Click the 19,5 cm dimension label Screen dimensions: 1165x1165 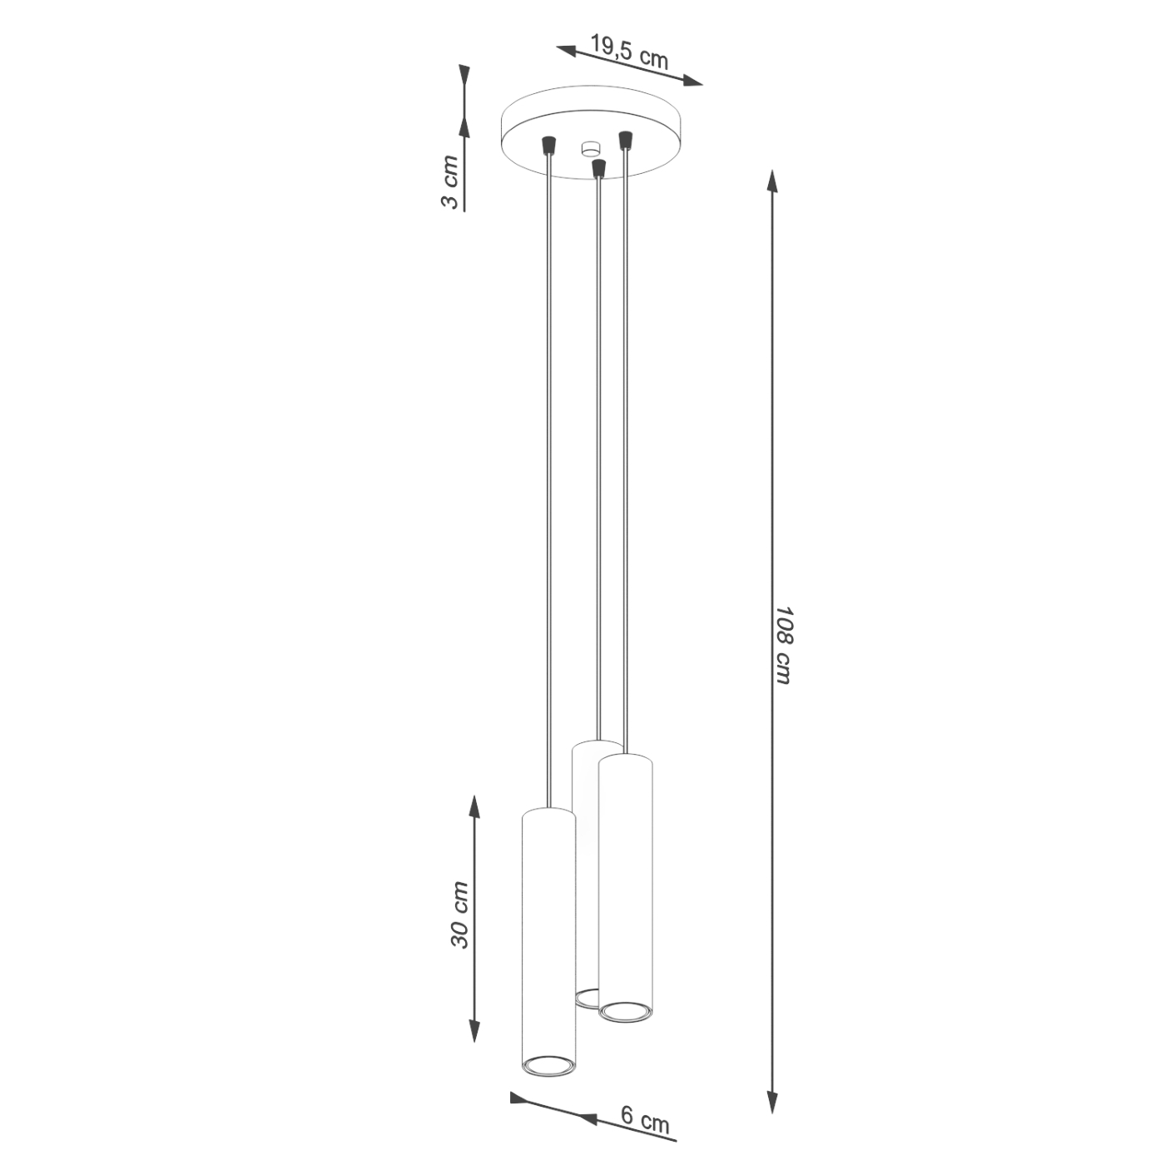pyautogui.click(x=629, y=52)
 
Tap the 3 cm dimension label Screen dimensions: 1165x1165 pyautogui.click(x=449, y=182)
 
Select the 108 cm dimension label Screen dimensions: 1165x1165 pyautogui.click(x=783, y=645)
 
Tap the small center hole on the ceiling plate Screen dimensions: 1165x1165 pyautogui.click(x=590, y=149)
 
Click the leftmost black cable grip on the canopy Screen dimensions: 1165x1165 pyautogui.click(x=548, y=146)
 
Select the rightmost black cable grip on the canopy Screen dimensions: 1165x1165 pyautogui.click(x=625, y=139)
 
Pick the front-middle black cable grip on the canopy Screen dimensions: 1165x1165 pyautogui.click(x=597, y=168)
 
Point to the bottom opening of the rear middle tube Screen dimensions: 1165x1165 pyautogui.click(x=587, y=995)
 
